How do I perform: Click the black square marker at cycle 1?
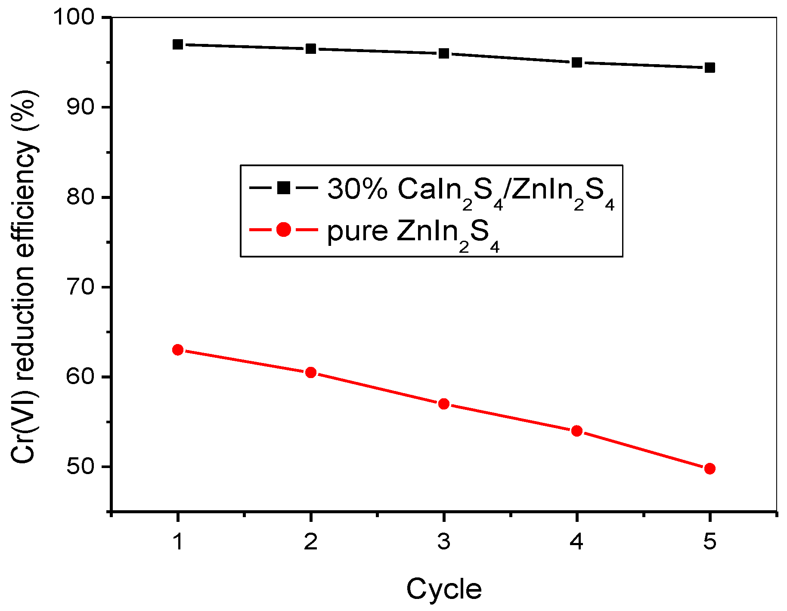coord(178,44)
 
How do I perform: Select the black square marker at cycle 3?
coord(444,53)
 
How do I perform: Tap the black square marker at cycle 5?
coord(710,68)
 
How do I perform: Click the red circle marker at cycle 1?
coord(178,350)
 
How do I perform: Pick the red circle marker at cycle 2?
coord(311,372)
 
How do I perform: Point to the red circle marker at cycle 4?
coord(577,431)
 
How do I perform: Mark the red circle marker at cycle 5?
coord(710,468)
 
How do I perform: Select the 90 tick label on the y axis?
coord(80,107)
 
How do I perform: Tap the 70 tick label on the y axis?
coord(80,287)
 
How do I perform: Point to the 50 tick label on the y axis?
coord(80,467)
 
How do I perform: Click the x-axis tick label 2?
coord(311,541)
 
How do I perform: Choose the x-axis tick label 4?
coord(577,541)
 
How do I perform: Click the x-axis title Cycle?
coord(444,589)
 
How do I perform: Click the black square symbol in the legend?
coord(284,188)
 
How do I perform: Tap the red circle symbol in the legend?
coord(284,230)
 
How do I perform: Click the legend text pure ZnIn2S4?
coord(413,233)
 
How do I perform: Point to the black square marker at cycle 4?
coord(577,62)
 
